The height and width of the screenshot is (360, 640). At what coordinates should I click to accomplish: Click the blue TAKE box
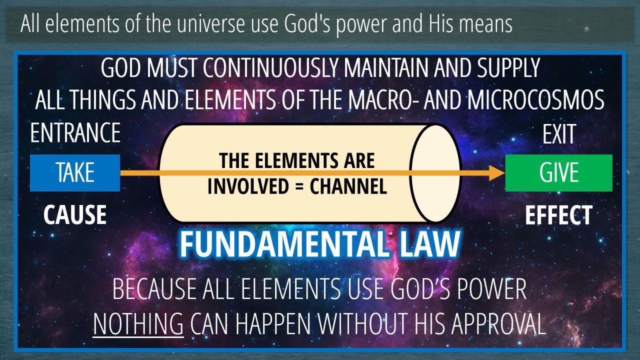pos(75,173)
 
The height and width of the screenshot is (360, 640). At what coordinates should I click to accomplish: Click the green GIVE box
pos(559,173)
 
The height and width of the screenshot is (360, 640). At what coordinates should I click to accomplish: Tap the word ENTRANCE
pos(75,132)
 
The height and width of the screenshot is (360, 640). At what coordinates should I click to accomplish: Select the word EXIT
pos(559,134)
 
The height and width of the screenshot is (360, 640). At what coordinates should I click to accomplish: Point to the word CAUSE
pos(75,214)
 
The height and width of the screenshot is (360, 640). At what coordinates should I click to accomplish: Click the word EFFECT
pos(559,215)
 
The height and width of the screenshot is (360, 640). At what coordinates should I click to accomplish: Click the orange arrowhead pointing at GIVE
pos(497,173)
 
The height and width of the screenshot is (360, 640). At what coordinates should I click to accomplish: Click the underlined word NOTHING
pos(138,324)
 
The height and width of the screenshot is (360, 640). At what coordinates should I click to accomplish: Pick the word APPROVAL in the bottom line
pos(498,324)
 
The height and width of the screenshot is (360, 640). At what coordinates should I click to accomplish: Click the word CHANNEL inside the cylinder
pos(348,186)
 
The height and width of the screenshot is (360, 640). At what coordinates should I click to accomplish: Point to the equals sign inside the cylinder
pos(299,186)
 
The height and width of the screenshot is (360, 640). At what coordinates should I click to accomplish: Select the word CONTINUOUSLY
pos(270,67)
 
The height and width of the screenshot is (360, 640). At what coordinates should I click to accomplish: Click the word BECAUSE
pos(154,289)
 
